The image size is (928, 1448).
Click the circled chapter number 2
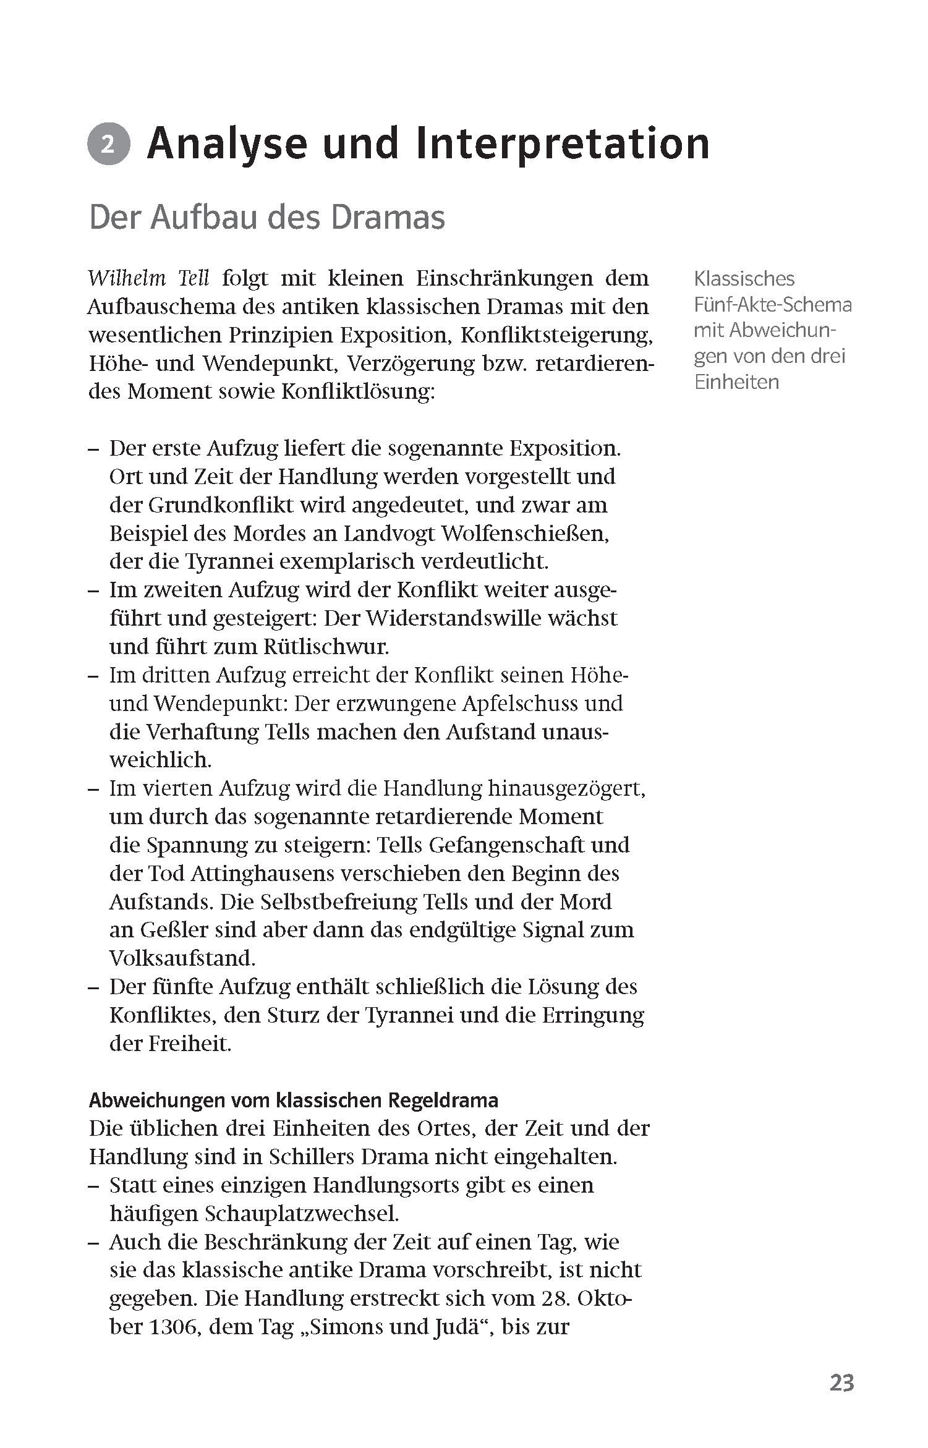click(108, 146)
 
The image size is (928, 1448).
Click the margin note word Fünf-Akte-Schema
click(772, 305)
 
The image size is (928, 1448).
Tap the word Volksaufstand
click(182, 959)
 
